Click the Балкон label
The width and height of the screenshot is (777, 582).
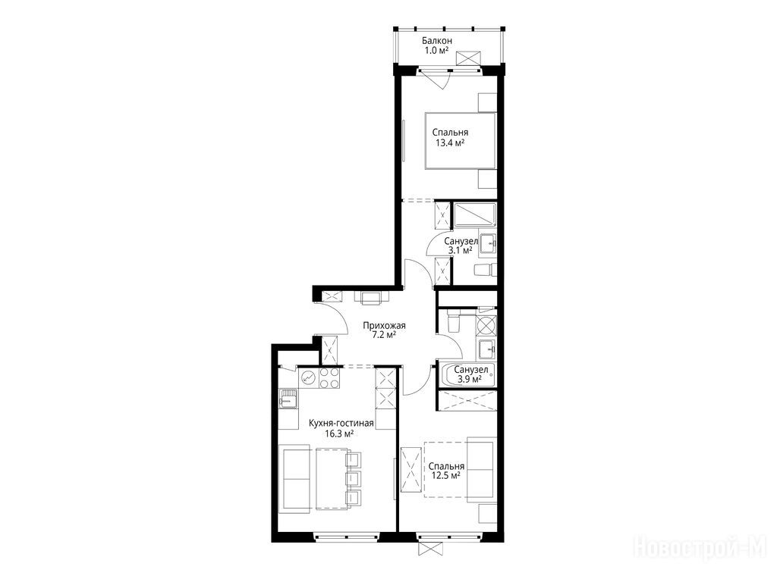(436, 41)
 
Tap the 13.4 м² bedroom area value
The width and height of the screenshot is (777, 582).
(449, 143)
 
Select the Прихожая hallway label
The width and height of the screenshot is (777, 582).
(384, 325)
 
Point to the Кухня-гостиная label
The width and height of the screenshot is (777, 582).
(341, 424)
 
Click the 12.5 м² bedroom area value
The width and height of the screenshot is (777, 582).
(446, 476)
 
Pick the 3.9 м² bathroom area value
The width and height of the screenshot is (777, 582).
(470, 379)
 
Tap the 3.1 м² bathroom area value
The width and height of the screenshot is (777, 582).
(460, 250)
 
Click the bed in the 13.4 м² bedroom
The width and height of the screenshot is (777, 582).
(461, 141)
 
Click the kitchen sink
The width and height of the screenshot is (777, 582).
(288, 399)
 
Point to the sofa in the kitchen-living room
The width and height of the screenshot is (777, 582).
(297, 479)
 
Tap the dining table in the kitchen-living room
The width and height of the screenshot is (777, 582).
(332, 479)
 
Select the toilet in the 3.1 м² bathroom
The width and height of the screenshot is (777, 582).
(485, 270)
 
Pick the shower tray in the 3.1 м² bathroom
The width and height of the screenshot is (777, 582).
(475, 214)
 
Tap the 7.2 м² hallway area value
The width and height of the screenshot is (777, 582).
(384, 335)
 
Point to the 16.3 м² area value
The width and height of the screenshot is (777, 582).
(339, 434)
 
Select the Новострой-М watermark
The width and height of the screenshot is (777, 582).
(700, 547)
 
